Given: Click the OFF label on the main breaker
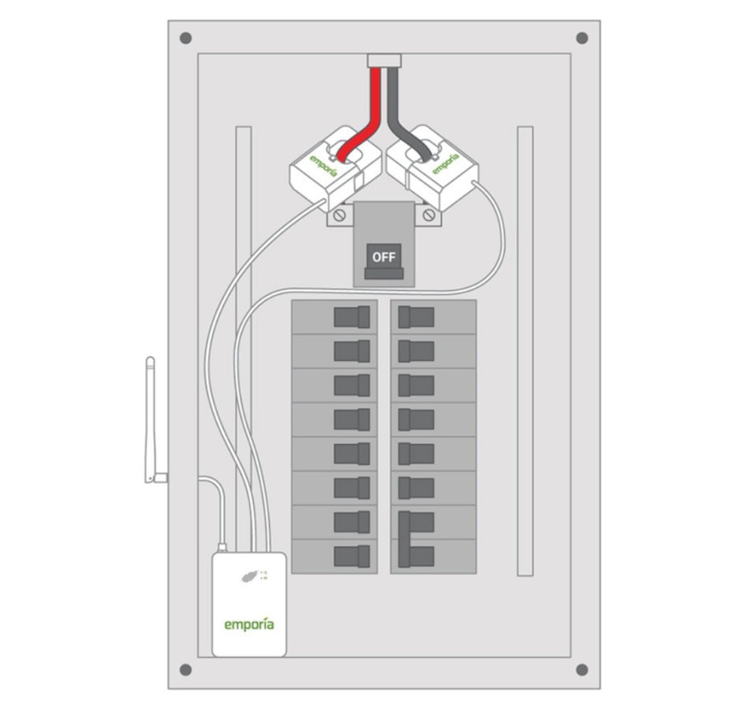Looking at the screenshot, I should pyautogui.click(x=385, y=256).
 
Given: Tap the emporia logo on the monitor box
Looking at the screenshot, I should pyautogui.click(x=249, y=624).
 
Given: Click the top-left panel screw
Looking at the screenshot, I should pyautogui.click(x=186, y=39).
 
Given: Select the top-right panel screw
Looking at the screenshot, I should pyautogui.click(x=582, y=39).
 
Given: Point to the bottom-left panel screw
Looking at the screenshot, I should pyautogui.click(x=186, y=670).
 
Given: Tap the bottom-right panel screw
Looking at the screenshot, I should pyautogui.click(x=582, y=670).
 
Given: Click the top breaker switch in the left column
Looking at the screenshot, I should pyautogui.click(x=351, y=317).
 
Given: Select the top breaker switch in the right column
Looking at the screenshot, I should pyautogui.click(x=416, y=317).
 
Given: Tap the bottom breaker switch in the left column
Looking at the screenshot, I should pyautogui.click(x=351, y=557).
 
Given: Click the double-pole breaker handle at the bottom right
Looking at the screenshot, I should pyautogui.click(x=416, y=539).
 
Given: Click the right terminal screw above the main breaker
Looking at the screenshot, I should pyautogui.click(x=429, y=215).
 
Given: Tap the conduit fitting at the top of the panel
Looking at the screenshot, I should pyautogui.click(x=385, y=60).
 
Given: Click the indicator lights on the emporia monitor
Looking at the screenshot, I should pyautogui.click(x=263, y=575).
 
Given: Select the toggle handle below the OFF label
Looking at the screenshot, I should pyautogui.click(x=385, y=274).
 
